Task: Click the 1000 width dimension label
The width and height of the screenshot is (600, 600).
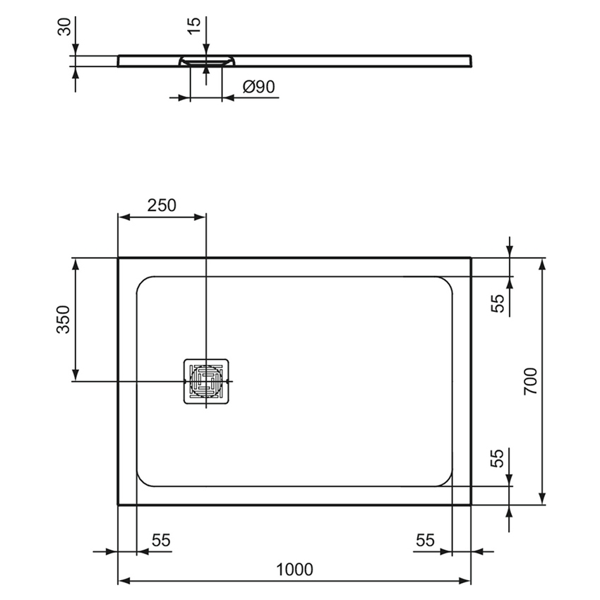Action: pos(294,569)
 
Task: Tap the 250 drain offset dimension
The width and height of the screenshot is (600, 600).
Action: pos(161,205)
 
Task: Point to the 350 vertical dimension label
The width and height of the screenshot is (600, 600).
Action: pos(64,320)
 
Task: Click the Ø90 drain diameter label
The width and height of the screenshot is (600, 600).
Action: pos(258,87)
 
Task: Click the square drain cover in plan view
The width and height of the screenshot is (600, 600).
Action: pos(206,382)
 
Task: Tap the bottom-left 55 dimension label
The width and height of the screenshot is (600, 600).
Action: pos(161,540)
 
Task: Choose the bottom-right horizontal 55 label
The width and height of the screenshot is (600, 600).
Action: pos(424,540)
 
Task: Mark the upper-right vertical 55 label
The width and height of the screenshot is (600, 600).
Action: pos(498,304)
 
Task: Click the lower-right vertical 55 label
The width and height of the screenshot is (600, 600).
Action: pos(498,458)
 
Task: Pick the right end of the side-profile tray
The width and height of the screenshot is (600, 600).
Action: pos(470,59)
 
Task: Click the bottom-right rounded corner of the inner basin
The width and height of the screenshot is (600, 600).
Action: pos(445,480)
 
